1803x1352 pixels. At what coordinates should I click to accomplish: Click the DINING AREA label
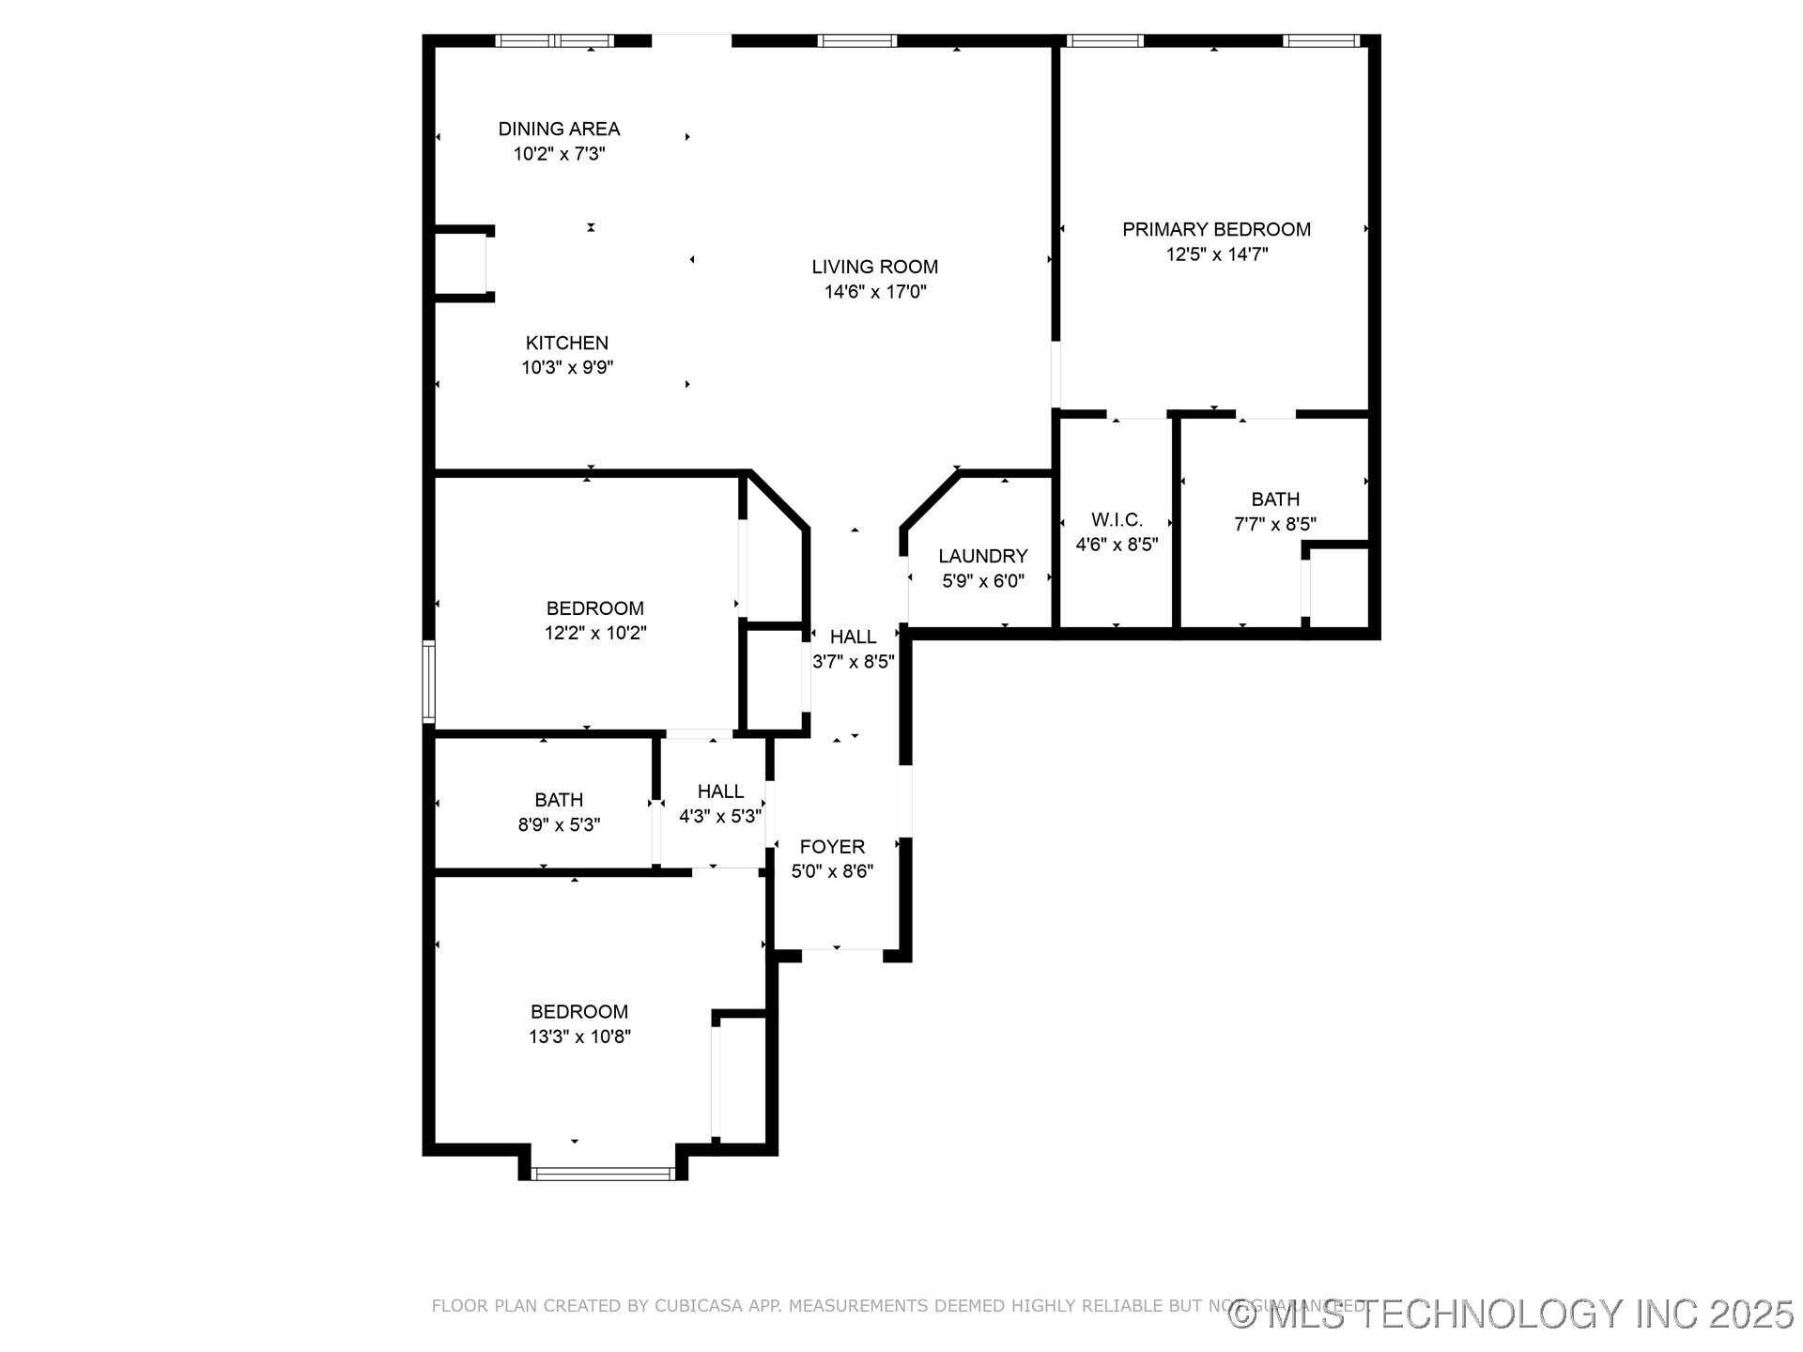tap(559, 129)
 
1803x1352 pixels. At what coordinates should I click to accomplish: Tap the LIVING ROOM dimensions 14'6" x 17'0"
tap(875, 292)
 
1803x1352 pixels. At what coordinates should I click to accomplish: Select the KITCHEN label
tap(566, 343)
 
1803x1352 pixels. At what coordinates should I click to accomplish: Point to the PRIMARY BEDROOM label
tap(1216, 229)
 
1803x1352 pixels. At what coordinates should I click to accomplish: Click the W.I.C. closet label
tap(1117, 519)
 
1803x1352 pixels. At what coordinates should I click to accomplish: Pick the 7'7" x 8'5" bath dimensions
tap(1274, 524)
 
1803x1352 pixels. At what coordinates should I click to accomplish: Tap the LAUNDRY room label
tap(982, 556)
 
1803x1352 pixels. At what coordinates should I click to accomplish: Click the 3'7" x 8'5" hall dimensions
tap(853, 662)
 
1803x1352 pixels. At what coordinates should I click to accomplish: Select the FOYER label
tap(832, 847)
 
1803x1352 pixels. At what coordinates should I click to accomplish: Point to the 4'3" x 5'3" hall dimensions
tap(720, 817)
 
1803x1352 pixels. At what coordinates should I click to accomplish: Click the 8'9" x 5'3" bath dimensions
tap(559, 825)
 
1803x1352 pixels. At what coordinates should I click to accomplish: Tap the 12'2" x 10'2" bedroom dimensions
tap(595, 634)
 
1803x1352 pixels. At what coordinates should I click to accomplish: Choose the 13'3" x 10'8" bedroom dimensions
tap(579, 1037)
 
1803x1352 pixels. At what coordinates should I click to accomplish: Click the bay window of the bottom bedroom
tap(602, 1173)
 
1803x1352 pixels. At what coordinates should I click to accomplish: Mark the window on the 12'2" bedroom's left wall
tap(428, 681)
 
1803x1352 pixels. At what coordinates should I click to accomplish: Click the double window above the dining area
tap(554, 40)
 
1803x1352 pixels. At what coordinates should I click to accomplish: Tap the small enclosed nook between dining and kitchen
tap(460, 264)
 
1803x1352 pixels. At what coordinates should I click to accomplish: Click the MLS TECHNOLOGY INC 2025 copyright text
tap(1512, 1314)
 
